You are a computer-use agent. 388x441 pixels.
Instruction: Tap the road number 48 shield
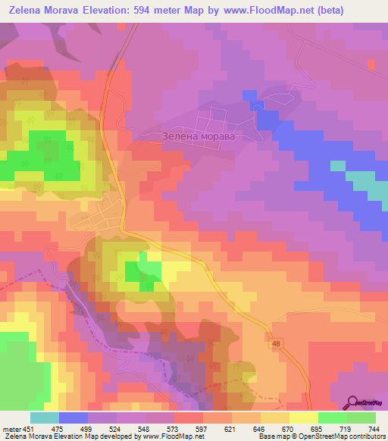[x=277, y=345]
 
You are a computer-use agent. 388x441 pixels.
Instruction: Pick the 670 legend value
[x=280, y=429]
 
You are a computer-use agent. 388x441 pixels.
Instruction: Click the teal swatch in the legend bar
[x=45, y=418]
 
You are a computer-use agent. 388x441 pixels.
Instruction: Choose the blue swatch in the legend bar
[x=74, y=418]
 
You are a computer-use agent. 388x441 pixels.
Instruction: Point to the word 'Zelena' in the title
[x=27, y=11]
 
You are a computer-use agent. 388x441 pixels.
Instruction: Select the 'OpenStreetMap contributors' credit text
[x=345, y=436]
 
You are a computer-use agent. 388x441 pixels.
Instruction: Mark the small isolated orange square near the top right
[x=371, y=66]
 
